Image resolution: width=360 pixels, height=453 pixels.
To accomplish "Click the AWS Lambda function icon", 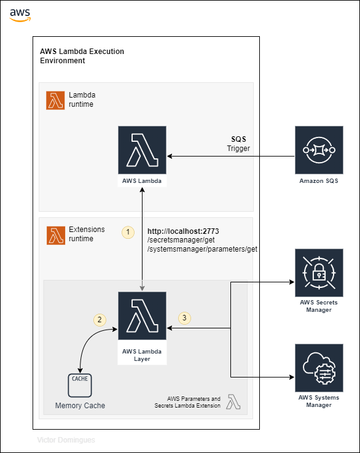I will pos(142,150).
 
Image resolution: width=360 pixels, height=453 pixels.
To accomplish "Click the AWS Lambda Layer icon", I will pos(142,320).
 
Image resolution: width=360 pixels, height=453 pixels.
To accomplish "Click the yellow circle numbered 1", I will pos(128,232).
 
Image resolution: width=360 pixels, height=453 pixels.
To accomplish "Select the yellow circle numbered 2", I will pos(99,319).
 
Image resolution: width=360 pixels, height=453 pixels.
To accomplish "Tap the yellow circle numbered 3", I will pos(184,318).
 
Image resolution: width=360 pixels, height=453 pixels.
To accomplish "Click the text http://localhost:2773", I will pos(184,231).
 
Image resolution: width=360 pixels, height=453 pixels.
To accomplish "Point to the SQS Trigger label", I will pos(238,144).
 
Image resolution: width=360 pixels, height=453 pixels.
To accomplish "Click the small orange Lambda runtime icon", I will pos(56,101).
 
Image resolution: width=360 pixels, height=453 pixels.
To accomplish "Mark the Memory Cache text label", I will pos(80,406).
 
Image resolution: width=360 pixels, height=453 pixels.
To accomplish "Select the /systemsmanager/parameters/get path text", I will pos(202,249).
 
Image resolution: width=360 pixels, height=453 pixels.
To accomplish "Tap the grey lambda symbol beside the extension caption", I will pos(233,402).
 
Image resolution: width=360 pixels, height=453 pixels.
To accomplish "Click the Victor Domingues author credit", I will pos(66,440).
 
